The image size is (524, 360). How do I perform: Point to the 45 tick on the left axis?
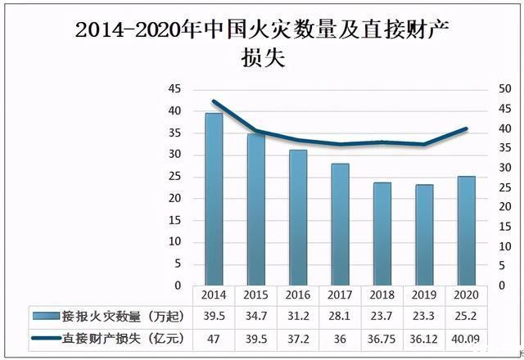(174, 89)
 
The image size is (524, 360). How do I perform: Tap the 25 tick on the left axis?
(174, 177)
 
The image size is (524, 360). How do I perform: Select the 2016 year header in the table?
(298, 295)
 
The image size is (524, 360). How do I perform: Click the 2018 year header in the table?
(382, 295)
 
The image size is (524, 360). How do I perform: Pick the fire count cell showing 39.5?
(214, 316)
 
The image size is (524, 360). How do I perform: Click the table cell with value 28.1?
(340, 316)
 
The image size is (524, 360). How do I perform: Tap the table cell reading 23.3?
(424, 316)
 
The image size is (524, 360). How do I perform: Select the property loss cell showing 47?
(214, 337)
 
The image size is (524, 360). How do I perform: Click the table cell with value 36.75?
(382, 337)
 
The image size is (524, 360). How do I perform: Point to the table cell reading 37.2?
(298, 337)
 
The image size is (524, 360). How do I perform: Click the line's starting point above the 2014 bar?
(214, 101)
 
